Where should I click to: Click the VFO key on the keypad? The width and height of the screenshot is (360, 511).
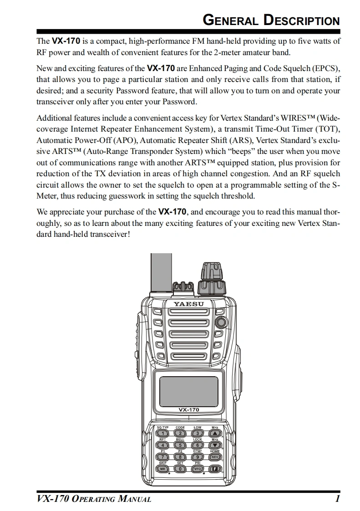pos(198,468)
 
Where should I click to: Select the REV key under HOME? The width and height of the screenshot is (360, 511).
pos(215,456)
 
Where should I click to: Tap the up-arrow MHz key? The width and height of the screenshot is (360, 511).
pos(215,433)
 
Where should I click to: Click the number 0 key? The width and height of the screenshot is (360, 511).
pos(180,468)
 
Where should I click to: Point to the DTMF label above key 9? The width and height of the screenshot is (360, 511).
pos(198,451)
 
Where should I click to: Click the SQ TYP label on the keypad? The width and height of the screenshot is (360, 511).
pos(162,428)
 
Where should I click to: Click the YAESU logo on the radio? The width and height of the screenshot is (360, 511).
pos(188,304)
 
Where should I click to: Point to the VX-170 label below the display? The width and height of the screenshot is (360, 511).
pos(188,410)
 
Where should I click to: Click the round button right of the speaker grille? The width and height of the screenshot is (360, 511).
pos(222,322)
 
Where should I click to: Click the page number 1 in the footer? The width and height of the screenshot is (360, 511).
pos(337,499)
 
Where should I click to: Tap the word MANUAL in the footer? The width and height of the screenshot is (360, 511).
pos(135,500)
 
